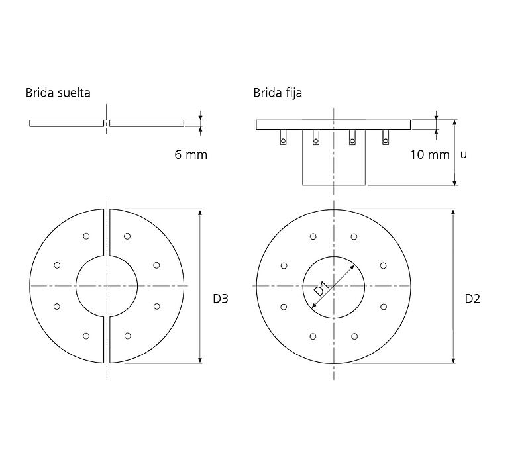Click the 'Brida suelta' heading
58,93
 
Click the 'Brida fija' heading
278,93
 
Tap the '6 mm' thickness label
191,155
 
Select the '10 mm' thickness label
430,155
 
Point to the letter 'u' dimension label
464,155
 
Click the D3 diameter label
221,299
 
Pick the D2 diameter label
472,299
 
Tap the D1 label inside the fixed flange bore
321,289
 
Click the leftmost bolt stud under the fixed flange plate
283,137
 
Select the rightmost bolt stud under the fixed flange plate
386,137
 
